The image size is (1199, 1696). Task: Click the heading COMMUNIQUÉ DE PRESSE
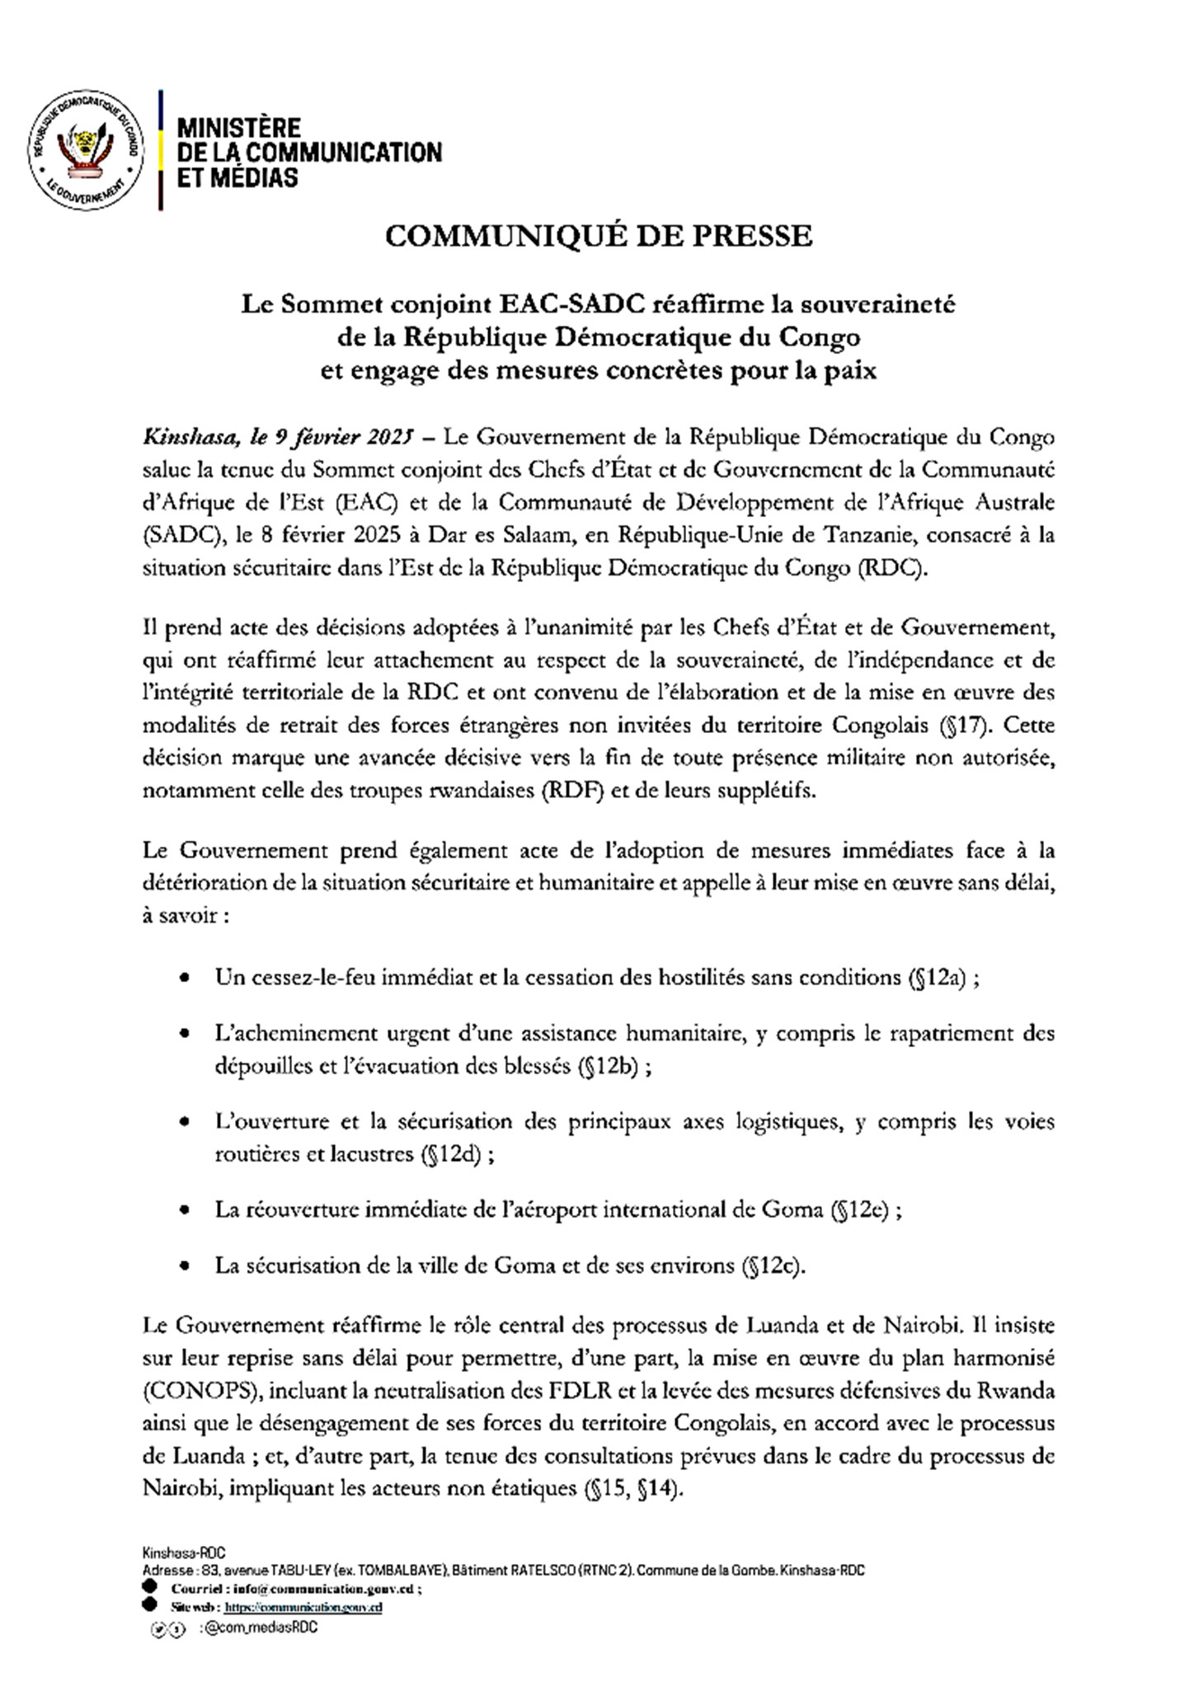pos(599,237)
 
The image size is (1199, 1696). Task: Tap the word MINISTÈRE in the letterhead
pos(240,128)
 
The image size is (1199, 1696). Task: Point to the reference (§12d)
pos(450,1154)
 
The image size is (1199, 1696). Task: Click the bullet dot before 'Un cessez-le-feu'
pos(187,979)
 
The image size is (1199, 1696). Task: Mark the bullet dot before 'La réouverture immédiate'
pos(187,1210)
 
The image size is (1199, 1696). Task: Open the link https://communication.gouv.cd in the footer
pos(303,1607)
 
